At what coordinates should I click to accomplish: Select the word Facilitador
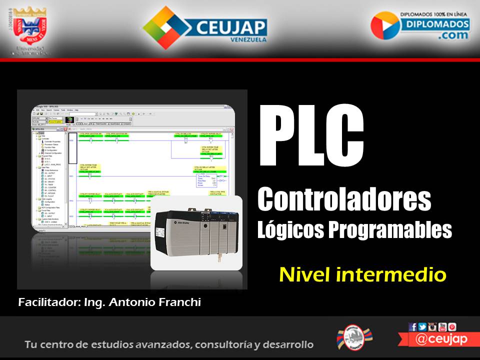click(46, 302)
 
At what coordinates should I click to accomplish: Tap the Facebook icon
click(413, 327)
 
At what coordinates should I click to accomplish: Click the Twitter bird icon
click(422, 327)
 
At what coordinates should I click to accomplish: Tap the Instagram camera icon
click(432, 327)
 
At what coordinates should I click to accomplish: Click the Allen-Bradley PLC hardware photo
click(196, 233)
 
